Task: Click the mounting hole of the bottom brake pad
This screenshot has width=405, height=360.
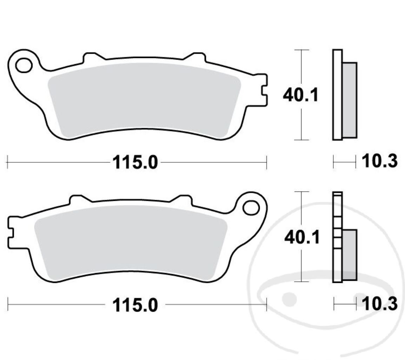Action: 251,208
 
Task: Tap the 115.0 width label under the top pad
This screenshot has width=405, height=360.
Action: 135,162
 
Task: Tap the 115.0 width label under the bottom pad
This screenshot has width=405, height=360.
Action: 135,305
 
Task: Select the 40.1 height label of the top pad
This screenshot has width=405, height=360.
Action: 301,95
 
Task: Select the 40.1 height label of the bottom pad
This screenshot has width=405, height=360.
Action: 302,238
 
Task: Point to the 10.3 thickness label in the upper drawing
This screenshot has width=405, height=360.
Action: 380,162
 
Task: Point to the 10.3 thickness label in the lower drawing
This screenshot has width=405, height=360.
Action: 380,304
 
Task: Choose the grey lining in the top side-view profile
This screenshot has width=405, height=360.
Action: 349,100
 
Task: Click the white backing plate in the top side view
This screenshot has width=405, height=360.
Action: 337,95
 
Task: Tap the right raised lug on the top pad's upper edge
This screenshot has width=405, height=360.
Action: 195,57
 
